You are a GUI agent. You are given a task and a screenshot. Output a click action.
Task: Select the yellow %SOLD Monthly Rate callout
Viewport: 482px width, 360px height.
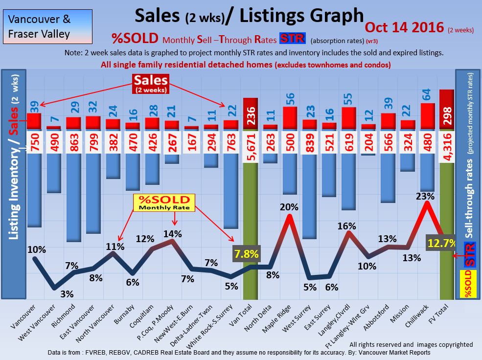(x=164, y=202)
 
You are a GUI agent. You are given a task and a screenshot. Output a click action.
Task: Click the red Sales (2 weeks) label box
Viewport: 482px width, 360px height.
(x=151, y=84)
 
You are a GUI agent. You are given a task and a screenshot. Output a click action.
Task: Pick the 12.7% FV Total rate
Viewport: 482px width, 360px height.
(x=442, y=244)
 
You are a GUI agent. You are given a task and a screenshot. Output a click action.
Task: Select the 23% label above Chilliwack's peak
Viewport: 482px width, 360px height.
(x=425, y=196)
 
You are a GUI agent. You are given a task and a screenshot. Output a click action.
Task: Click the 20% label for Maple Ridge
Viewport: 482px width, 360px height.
(x=289, y=207)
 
